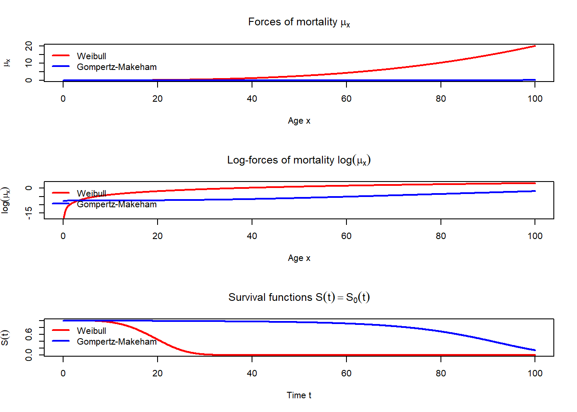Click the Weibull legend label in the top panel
coord(91,56)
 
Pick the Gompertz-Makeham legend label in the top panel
coord(117,67)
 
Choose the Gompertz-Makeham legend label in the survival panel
coord(117,342)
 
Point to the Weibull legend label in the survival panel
coord(91,331)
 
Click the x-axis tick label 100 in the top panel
coord(535,99)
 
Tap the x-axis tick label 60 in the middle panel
coord(346,236)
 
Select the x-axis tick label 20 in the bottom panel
coord(158,373)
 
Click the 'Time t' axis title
coord(299,395)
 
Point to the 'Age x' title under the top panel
coord(299,121)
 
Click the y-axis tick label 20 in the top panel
coord(29,46)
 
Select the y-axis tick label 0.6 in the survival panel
coord(29,334)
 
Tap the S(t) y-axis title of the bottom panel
coord(5,337)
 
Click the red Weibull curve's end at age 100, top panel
coord(535,46)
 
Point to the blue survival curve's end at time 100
coord(535,350)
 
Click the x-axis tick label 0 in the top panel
coord(63,99)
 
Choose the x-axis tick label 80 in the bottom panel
coord(441,373)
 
